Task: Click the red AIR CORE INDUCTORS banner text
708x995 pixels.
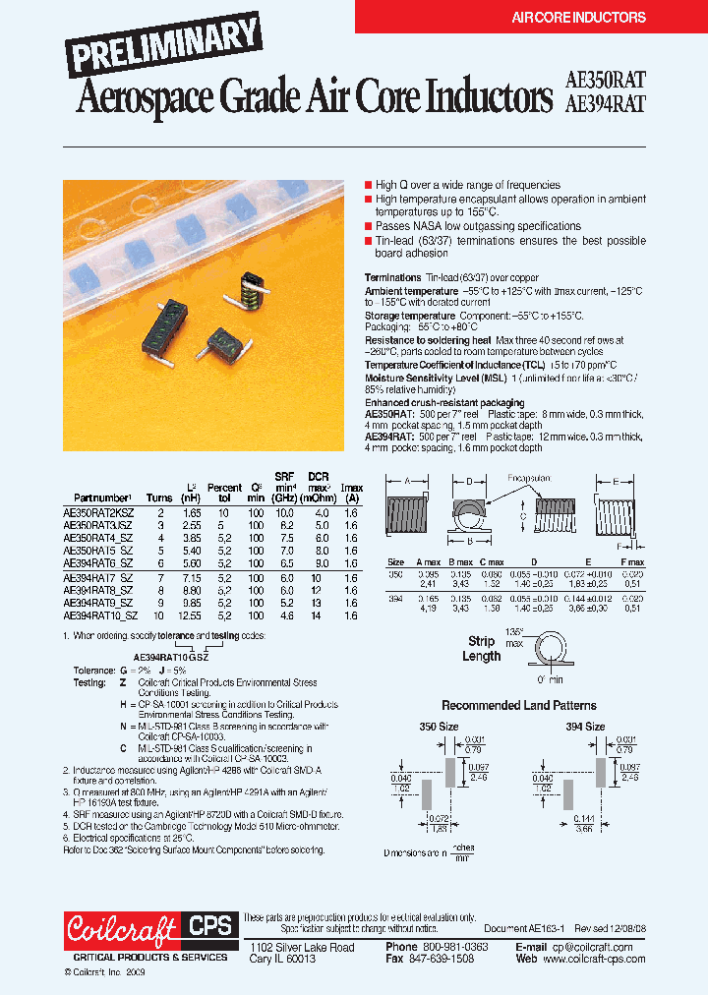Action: click(578, 18)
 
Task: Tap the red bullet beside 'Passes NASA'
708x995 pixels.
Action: click(368, 226)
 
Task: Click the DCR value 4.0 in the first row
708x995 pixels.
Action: click(321, 513)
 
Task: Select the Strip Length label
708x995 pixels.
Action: click(481, 649)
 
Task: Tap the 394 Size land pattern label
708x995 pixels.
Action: click(584, 727)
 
